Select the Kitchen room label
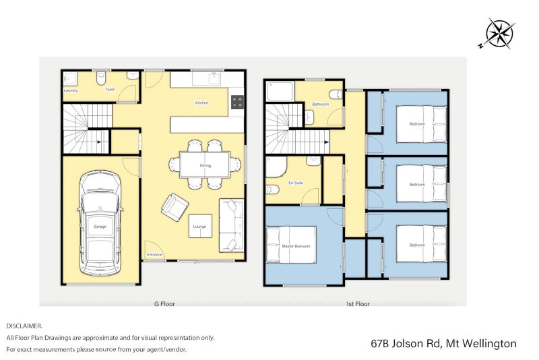coord(201,102)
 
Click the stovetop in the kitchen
coord(237,102)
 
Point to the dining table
coord(205,165)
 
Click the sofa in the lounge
coord(231,225)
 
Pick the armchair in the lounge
coord(175,207)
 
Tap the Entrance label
coord(154,255)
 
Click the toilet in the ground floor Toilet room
coord(101,78)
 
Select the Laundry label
coord(71,90)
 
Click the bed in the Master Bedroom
coord(291,245)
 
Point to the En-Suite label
coord(296,183)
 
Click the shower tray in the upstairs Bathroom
coord(280,91)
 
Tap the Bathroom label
coord(321,104)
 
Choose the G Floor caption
coord(164,304)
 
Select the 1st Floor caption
coord(358,304)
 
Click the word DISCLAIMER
coord(24,326)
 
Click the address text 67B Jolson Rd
coord(406,344)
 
